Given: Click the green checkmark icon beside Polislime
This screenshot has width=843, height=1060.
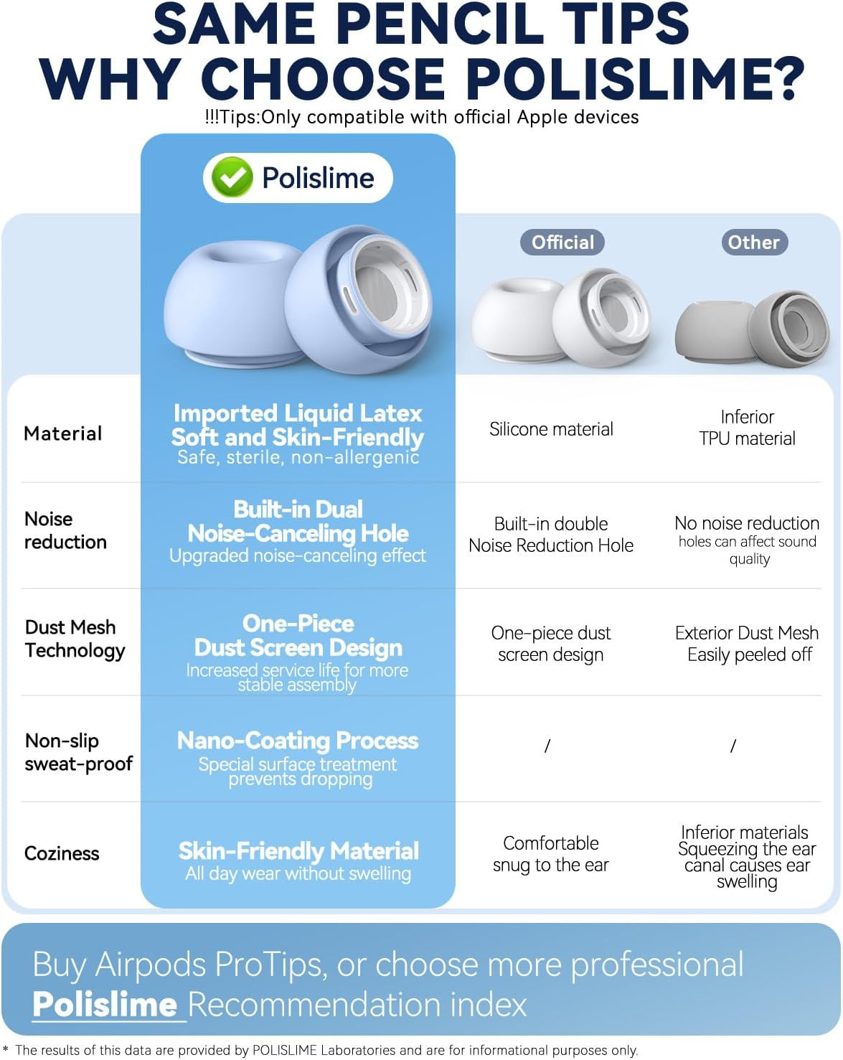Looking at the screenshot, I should pos(232,177).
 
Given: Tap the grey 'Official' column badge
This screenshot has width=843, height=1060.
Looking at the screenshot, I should pos(562,242).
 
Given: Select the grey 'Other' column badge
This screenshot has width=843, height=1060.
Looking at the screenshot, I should pos(753,242).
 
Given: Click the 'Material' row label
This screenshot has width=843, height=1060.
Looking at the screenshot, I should pos(63,433).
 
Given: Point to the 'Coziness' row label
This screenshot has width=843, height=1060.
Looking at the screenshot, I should pos(62,853).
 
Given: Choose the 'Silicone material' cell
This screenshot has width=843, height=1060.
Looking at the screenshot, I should pos(551,429).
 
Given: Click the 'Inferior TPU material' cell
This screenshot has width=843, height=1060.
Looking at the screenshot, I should pos(747,428).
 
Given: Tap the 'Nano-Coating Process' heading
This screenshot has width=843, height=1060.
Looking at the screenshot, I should pos(298,741).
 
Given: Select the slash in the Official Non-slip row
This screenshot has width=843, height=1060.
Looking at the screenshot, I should pos(547,746).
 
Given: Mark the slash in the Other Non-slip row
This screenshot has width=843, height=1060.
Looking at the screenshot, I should pos(733,746).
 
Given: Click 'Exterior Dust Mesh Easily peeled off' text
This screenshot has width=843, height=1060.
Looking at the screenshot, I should pos(747,644).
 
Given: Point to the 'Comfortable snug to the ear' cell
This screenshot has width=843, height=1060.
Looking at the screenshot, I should pos(551,854).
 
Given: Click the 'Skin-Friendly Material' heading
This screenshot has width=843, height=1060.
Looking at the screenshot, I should pos(298,851).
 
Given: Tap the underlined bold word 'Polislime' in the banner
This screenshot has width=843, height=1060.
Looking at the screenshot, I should pos(105,1004).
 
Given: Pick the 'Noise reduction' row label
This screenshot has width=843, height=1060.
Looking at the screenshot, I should pos(65,530).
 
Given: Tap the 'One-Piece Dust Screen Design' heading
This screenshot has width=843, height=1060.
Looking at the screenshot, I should pos(298,636).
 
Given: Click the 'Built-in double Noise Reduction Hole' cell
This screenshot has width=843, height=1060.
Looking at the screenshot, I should pos(551,535).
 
